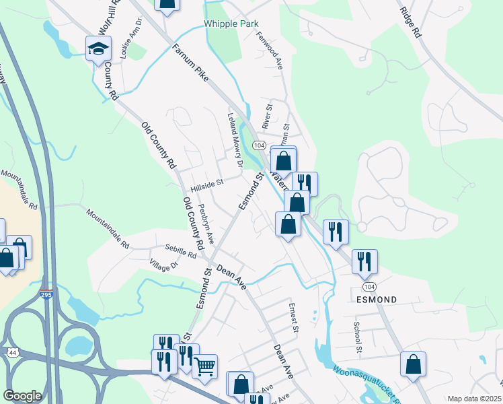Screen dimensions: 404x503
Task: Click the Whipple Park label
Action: click(x=231, y=24)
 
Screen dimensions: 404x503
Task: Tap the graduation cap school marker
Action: click(x=98, y=48)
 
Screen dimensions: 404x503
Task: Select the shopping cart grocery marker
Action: click(x=205, y=366)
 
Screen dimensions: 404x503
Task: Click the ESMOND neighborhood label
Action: click(x=376, y=299)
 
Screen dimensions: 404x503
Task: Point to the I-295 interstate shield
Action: click(x=46, y=295)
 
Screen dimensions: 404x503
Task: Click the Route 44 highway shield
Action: click(x=13, y=352)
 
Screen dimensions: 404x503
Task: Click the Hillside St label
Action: click(x=206, y=182)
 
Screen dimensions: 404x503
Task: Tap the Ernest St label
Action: click(x=293, y=316)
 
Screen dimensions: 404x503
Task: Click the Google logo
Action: click(x=22, y=396)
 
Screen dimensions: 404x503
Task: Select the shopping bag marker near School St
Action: click(x=413, y=364)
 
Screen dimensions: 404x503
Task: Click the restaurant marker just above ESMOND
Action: click(x=364, y=261)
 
